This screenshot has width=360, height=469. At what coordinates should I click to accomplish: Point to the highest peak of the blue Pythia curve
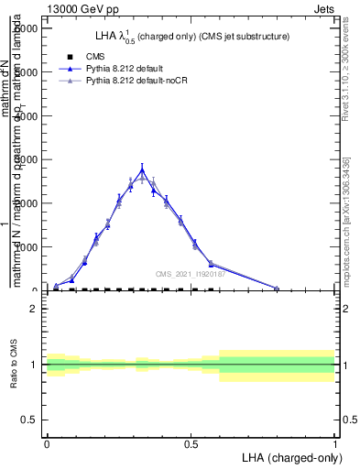point(142,169)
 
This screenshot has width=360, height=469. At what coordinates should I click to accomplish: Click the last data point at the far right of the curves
point(277,288)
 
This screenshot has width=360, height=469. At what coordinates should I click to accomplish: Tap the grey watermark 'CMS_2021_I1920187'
point(188,274)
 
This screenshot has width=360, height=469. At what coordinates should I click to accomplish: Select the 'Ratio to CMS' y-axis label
point(15,365)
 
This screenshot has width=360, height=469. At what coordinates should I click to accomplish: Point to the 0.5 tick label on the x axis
point(191,442)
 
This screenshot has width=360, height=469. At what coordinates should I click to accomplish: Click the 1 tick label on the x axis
point(334,442)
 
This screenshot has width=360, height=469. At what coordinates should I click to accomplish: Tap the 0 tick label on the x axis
point(47,442)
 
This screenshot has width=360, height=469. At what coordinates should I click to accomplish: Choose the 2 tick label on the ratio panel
point(34,309)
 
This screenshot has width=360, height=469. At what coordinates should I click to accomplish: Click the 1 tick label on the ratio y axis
point(34,365)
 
